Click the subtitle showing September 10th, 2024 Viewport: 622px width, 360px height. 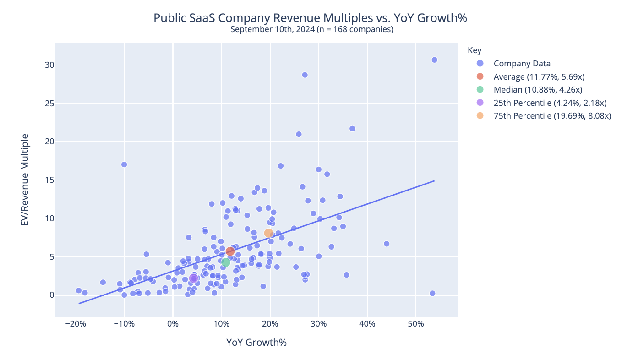point(311,30)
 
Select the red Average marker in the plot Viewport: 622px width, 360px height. point(230,251)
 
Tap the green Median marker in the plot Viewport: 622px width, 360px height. point(226,262)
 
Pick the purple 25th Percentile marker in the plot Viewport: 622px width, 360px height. point(193,278)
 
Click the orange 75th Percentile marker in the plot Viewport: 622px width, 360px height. point(268,233)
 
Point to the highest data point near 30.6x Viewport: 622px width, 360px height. point(434,60)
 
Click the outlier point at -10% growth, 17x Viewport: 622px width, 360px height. point(124,164)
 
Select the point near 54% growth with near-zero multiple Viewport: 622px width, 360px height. point(432,293)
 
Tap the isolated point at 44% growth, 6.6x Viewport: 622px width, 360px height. point(387,244)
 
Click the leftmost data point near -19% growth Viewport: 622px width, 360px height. point(79,290)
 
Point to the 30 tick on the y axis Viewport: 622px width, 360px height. point(49,65)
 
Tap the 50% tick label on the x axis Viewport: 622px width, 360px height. point(415,325)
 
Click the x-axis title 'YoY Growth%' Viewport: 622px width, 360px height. point(256,343)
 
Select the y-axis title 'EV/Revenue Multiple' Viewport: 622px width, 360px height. point(25,180)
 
